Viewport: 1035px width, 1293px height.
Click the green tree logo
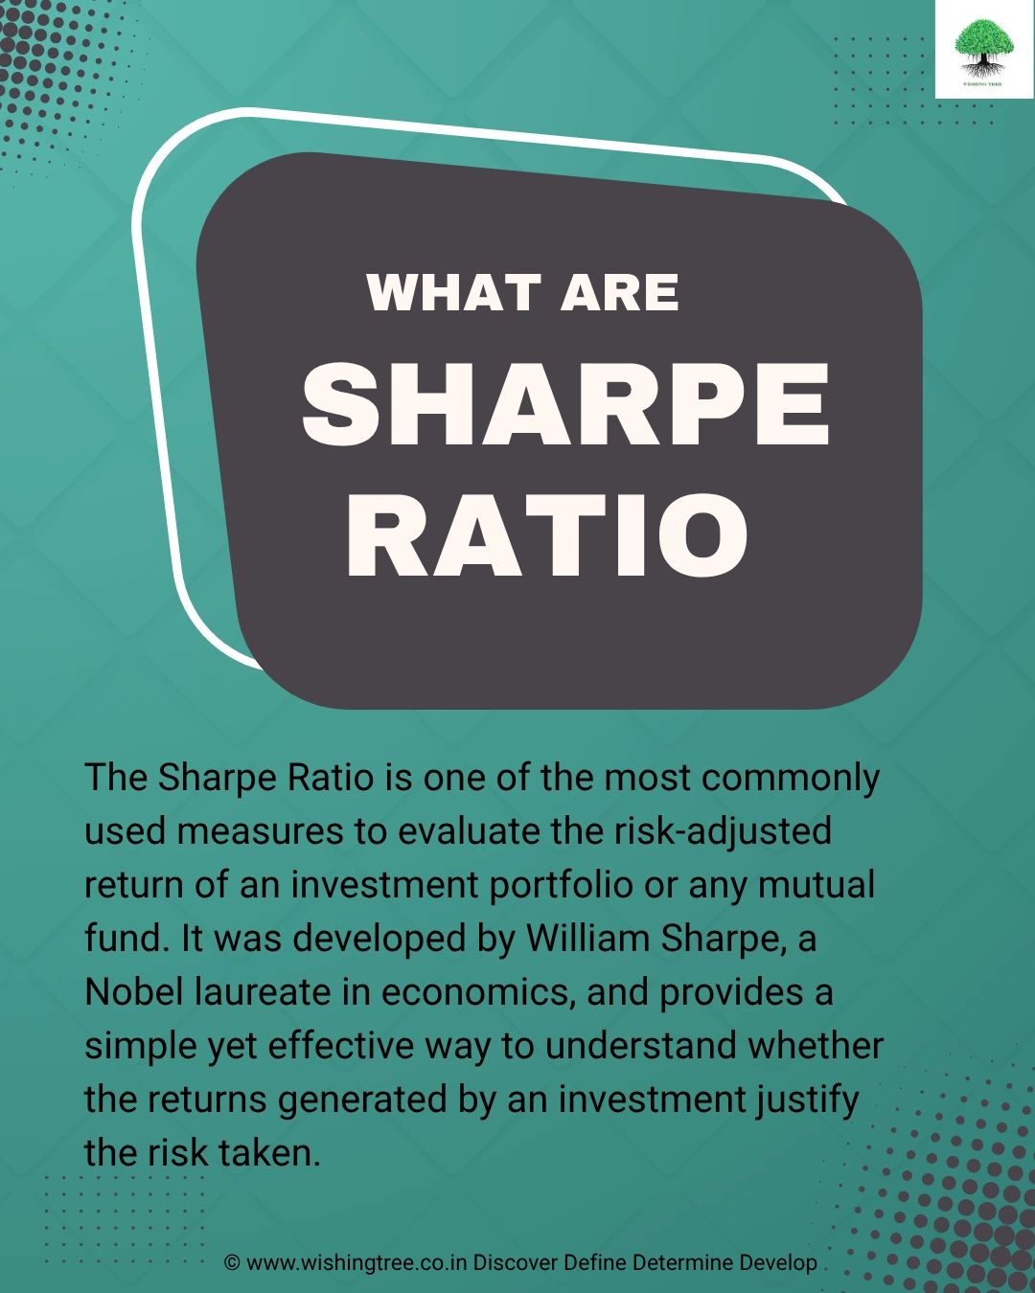click(x=984, y=50)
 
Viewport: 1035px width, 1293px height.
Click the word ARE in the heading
click(x=619, y=292)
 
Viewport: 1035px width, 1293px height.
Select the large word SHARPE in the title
click(x=565, y=406)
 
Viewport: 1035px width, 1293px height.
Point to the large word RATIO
click(x=546, y=536)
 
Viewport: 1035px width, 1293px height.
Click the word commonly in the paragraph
click(x=790, y=778)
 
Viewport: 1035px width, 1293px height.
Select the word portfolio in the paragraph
click(x=561, y=885)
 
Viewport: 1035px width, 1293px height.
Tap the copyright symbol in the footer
click(x=232, y=1262)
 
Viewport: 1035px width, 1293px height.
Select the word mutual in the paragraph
click(x=816, y=885)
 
